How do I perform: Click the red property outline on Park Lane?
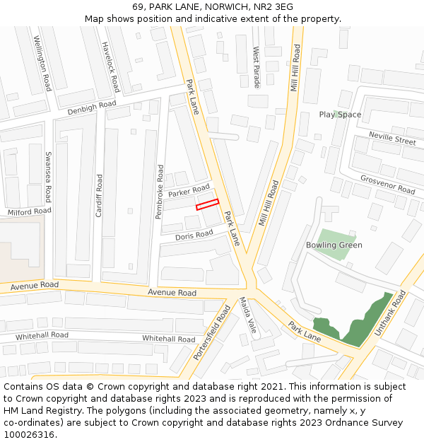[207, 205]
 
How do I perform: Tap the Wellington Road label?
[43, 64]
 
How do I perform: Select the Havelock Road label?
[111, 66]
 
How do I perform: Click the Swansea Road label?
[48, 176]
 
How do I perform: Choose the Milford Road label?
[30, 211]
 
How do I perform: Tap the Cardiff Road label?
[99, 194]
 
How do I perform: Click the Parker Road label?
[189, 191]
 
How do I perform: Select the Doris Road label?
[194, 235]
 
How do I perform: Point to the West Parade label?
[257, 68]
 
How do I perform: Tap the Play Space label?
[340, 115]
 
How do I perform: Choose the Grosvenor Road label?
[387, 185]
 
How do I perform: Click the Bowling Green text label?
[334, 245]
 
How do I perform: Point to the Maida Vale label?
[248, 316]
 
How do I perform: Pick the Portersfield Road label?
[212, 332]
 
